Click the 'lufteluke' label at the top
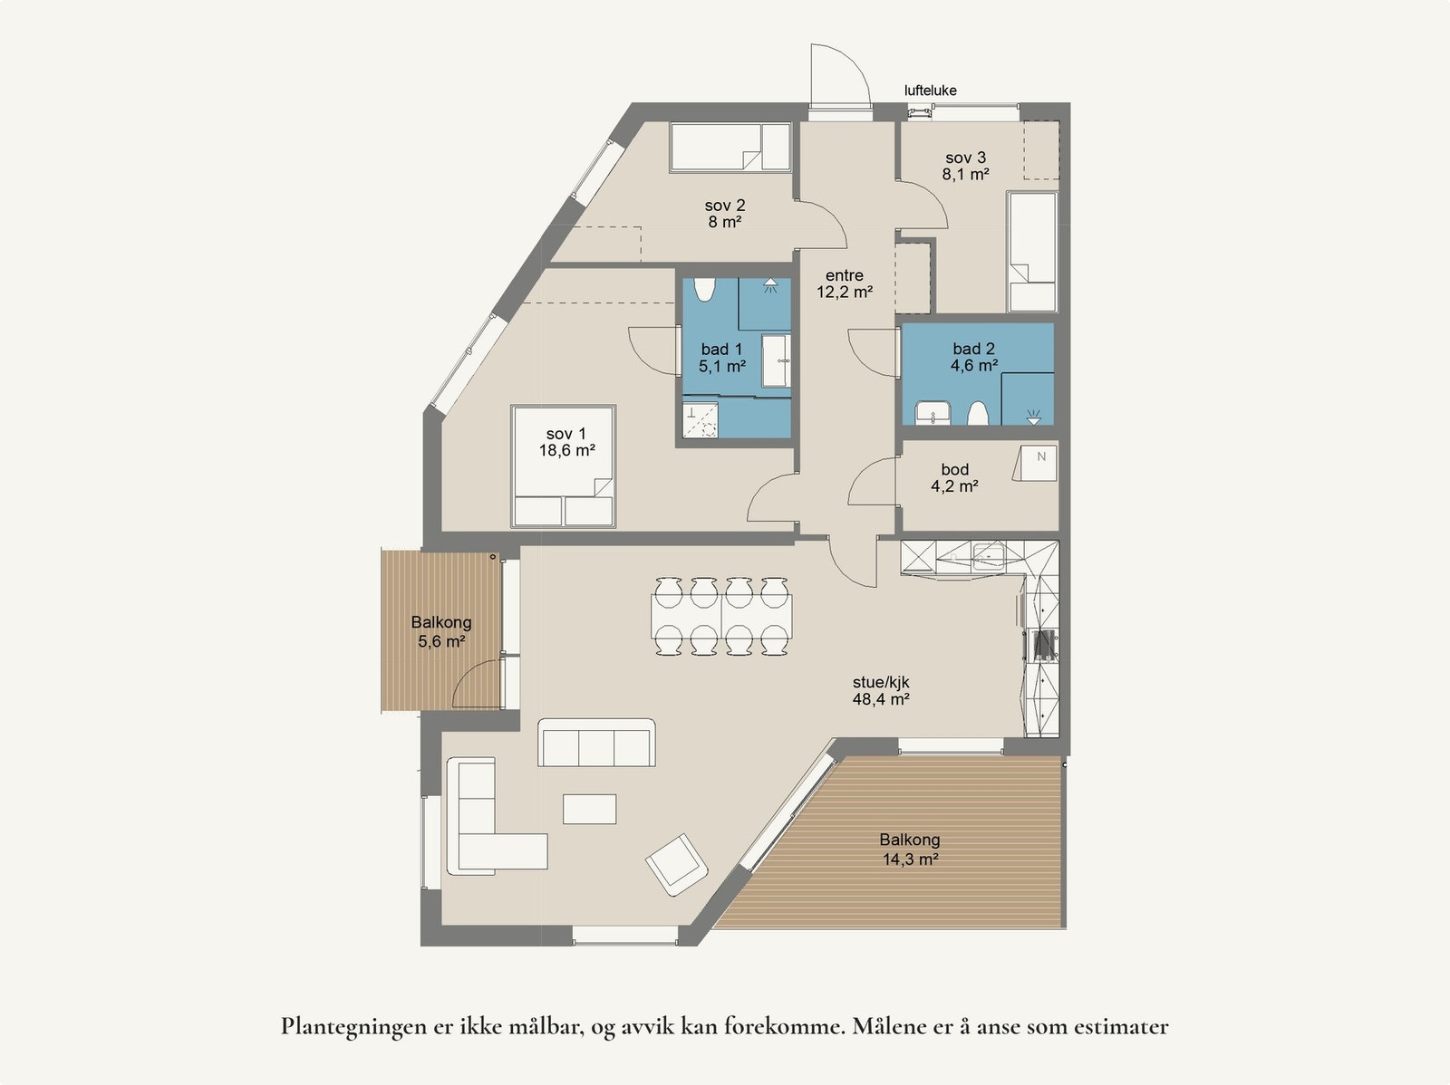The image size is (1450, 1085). coord(930,91)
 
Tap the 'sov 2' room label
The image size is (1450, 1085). coord(724,206)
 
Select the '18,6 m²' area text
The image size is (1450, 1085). coord(566,450)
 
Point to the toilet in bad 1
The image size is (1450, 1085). coord(705,292)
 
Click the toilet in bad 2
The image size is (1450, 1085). coord(977,414)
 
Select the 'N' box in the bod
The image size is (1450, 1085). coord(1039,458)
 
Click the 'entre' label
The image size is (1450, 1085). coord(844,275)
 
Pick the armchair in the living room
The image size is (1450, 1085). coord(676,863)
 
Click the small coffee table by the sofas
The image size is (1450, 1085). coord(589,809)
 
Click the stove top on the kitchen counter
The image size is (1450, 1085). coord(1044,643)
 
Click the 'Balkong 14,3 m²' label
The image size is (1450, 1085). coord(910,850)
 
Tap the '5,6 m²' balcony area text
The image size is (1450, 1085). coord(441,641)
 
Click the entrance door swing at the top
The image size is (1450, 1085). coord(838,76)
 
